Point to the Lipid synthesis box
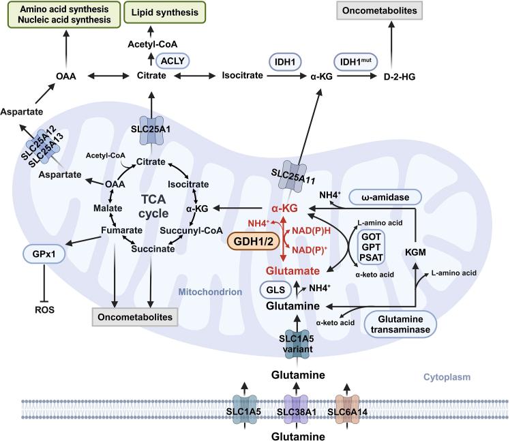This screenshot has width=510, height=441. coord(164,12)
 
